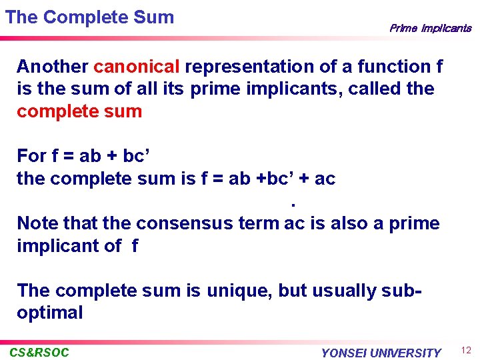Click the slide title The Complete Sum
pyautogui.click(x=89, y=17)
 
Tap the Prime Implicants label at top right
pyautogui.click(x=430, y=28)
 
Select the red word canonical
pyautogui.click(x=137, y=67)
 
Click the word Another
pyautogui.click(x=53, y=67)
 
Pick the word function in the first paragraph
pyautogui.click(x=393, y=67)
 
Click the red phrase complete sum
pyautogui.click(x=79, y=111)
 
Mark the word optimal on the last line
pyautogui.click(x=50, y=313)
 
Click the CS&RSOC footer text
pyautogui.click(x=39, y=353)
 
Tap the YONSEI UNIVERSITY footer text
pyautogui.click(x=381, y=353)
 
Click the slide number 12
pyautogui.click(x=466, y=351)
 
